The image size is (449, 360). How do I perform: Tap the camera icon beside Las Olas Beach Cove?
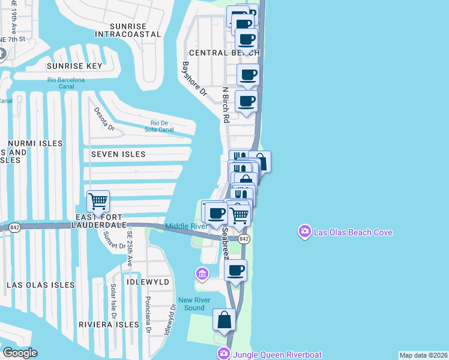coord(305,231)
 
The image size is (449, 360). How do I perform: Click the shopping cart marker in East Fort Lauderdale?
coord(97,202)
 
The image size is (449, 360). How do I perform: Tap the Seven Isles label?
coord(118,154)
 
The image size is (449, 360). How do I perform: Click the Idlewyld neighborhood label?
coord(148,281)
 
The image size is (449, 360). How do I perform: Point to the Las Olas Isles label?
coord(41,285)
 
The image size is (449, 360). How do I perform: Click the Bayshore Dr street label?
coord(194,80)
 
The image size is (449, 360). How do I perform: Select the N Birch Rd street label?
coord(226,106)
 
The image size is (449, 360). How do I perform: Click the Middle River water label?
coord(186,226)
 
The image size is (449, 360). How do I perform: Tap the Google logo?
coord(20,353)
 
